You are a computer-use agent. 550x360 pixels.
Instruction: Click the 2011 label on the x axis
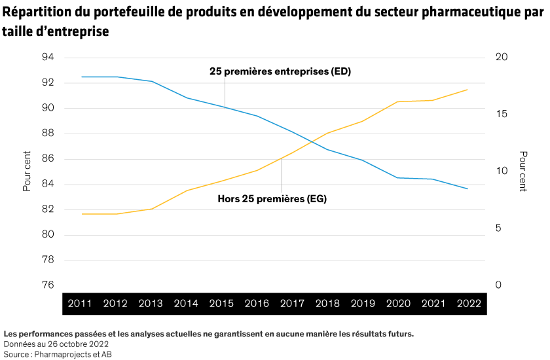80,304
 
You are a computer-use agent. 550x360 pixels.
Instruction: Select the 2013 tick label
151,304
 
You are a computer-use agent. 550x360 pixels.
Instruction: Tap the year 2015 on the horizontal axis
221,304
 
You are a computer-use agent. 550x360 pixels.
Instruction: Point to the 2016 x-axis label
257,304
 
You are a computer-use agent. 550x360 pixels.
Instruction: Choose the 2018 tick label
327,304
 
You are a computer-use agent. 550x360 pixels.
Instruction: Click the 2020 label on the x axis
398,304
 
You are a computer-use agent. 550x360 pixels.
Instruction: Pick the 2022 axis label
469,304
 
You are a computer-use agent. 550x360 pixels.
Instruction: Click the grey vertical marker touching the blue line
225,92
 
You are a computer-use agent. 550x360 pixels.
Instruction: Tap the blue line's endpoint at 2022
467,189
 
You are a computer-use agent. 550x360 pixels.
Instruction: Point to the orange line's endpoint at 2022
467,90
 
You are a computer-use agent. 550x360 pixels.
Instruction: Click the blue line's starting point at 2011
82,77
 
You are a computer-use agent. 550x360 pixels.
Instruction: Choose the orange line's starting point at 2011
82,214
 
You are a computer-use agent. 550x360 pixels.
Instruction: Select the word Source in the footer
16,353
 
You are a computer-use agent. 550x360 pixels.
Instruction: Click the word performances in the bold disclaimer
43,334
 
